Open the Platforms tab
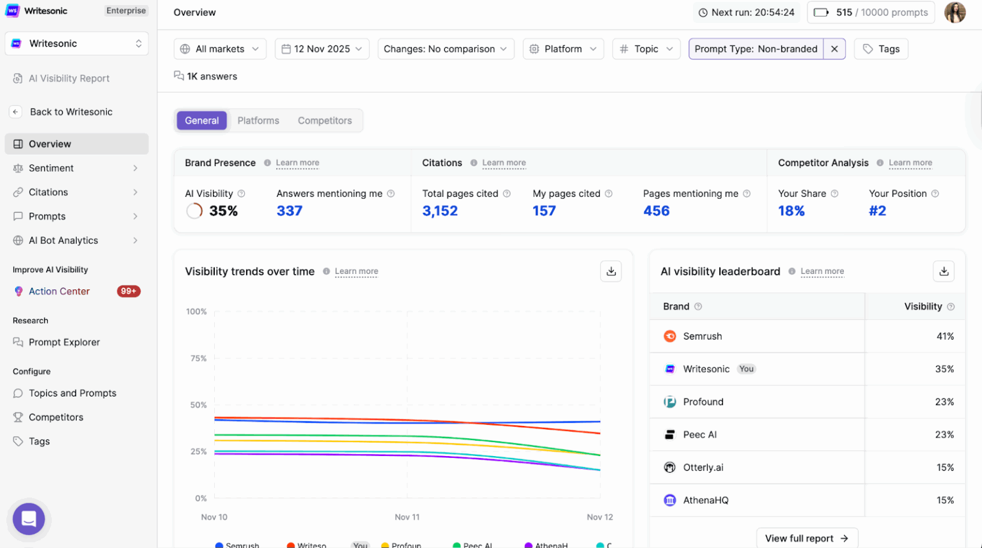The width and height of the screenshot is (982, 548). click(x=258, y=121)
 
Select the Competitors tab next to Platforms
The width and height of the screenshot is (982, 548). click(x=325, y=121)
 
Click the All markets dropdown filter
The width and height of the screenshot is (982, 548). click(x=220, y=49)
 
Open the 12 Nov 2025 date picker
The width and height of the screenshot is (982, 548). click(x=322, y=49)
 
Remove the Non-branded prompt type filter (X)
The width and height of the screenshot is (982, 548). click(x=834, y=49)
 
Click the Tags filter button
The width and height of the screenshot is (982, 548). click(x=881, y=49)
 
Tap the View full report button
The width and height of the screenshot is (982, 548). click(x=806, y=538)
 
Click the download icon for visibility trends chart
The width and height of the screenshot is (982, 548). click(x=611, y=271)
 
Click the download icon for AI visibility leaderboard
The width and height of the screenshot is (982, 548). click(x=944, y=271)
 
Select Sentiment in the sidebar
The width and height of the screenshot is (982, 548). click(x=51, y=168)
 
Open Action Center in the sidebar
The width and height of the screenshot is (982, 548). click(x=59, y=291)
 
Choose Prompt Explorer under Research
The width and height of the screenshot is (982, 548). click(x=64, y=342)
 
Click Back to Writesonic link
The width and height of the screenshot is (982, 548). click(x=71, y=112)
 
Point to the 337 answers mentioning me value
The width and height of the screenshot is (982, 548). click(x=290, y=211)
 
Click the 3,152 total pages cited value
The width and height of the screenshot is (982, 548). click(x=440, y=211)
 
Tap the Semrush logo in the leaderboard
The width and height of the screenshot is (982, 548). click(x=669, y=337)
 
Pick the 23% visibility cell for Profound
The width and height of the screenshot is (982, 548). click(x=944, y=402)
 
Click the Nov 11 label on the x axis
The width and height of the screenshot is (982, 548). click(x=407, y=517)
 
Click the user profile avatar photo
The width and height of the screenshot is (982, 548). click(x=955, y=13)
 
